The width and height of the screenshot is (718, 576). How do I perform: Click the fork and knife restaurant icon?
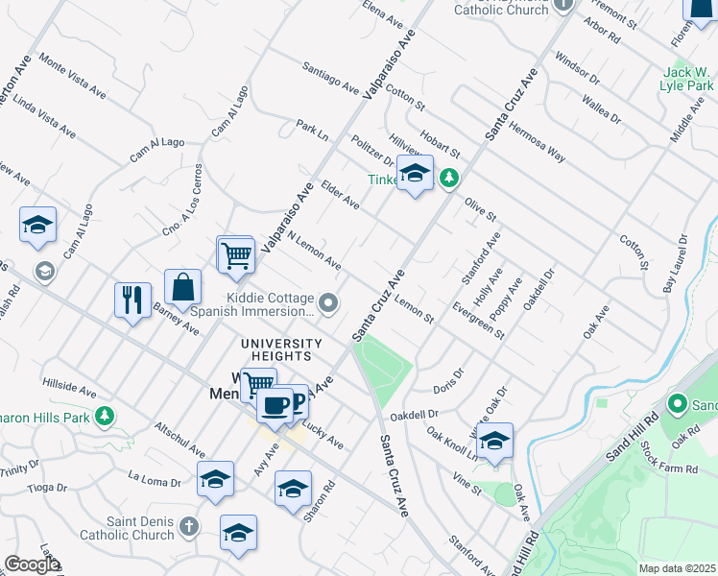click(132, 300)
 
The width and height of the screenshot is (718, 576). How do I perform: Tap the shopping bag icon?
click(182, 286)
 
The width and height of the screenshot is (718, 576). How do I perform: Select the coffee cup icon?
click(275, 406)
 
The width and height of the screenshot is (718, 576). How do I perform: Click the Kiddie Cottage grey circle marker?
click(329, 304)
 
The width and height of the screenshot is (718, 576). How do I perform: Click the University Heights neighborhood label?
click(281, 350)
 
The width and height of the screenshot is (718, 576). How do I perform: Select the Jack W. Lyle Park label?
click(685, 80)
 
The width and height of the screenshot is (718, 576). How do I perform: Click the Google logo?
click(32, 564)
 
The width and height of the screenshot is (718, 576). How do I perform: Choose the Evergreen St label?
click(480, 321)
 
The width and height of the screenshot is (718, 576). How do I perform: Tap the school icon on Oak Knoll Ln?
click(495, 442)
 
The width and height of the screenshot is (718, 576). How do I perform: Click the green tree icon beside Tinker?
click(448, 178)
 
